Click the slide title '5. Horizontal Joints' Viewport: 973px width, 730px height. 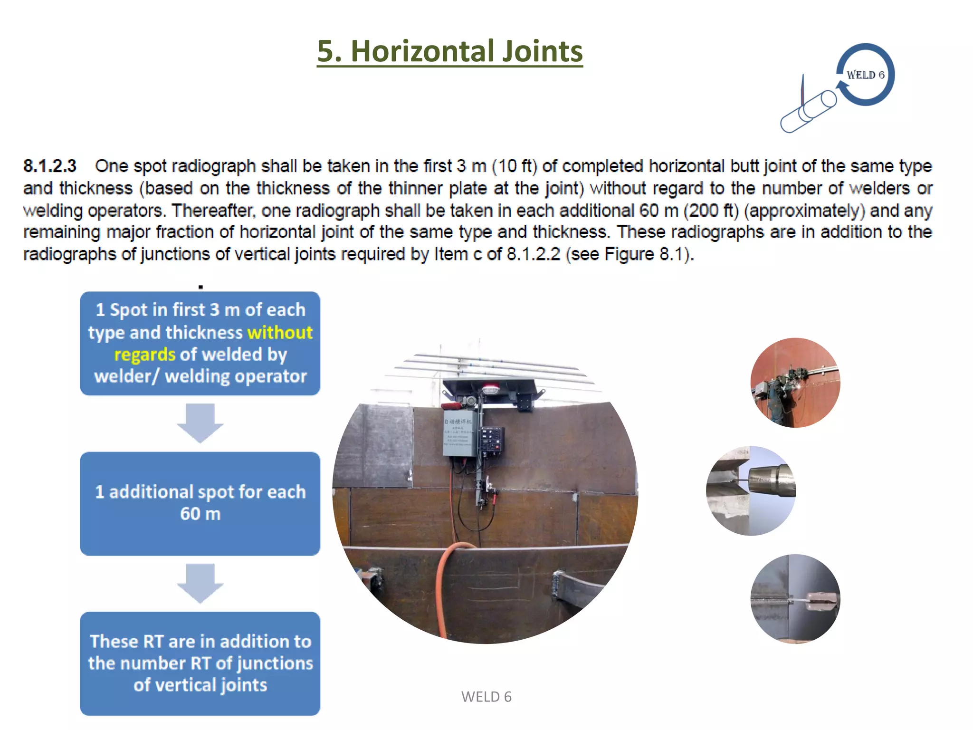point(449,51)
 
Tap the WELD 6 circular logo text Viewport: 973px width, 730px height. point(865,75)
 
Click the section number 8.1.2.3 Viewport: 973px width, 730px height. point(50,166)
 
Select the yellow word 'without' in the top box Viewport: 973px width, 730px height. point(280,333)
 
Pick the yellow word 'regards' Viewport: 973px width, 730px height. point(144,355)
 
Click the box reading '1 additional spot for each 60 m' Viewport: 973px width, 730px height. point(200,503)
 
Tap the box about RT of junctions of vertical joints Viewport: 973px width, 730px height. point(200,663)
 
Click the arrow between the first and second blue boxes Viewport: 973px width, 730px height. point(200,423)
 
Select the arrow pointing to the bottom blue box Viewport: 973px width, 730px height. point(200,583)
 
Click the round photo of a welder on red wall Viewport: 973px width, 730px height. point(795,383)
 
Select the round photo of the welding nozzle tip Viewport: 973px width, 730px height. point(751,490)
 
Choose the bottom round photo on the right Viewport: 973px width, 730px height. point(795,599)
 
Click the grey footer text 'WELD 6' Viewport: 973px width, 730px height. point(486,697)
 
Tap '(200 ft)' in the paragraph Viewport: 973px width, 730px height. point(711,211)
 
